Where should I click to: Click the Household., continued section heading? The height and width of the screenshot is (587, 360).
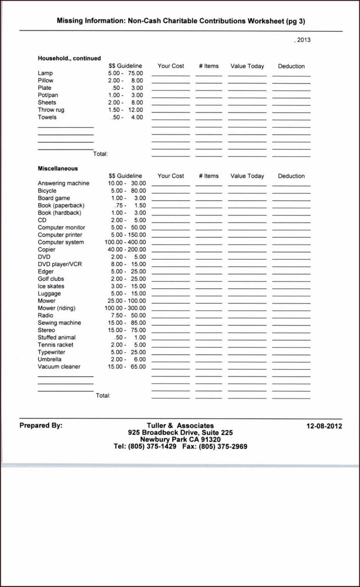click(69, 59)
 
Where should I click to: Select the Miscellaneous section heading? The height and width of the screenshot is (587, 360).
click(58, 168)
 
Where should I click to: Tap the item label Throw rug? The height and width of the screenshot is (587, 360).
click(51, 110)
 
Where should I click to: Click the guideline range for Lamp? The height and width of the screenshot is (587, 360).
click(125, 73)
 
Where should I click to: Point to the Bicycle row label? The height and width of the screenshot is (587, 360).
click(47, 191)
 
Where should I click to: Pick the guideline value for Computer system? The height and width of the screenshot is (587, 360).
click(125, 242)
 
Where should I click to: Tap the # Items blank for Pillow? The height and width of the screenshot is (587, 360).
click(209, 82)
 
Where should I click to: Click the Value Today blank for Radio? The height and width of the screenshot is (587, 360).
click(247, 316)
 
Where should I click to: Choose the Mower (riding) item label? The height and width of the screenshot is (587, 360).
click(56, 308)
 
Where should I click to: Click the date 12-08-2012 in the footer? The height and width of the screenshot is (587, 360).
click(324, 426)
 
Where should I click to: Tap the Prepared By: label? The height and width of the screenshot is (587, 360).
click(41, 426)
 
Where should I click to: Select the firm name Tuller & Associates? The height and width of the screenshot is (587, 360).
click(180, 426)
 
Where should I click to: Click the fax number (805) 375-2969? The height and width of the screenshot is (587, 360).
click(223, 447)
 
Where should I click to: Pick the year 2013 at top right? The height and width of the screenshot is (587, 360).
click(303, 40)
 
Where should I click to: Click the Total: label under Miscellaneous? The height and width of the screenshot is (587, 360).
click(103, 396)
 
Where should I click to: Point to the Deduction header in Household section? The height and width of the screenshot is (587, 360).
click(291, 66)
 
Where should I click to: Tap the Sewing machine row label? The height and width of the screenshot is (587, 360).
click(59, 323)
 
